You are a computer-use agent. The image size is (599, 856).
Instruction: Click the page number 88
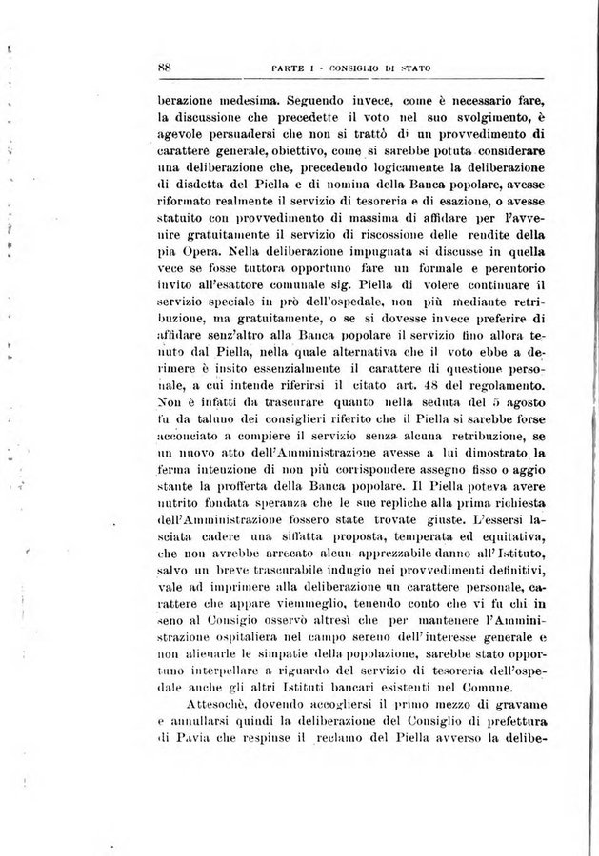[x=163, y=67]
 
